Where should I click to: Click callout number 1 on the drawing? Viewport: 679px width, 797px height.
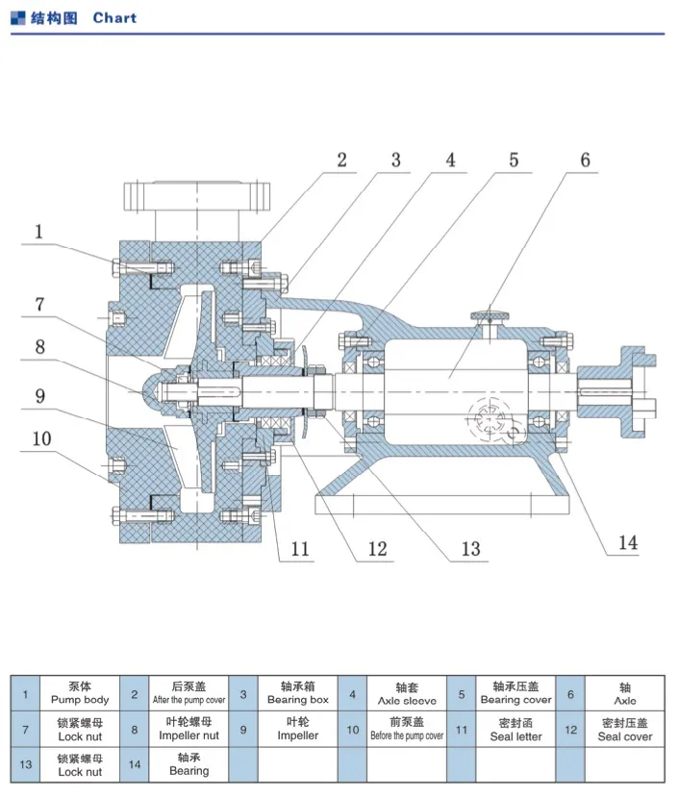(x=39, y=232)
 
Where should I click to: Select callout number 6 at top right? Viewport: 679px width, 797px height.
(x=585, y=161)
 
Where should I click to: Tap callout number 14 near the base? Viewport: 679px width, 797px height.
(x=627, y=543)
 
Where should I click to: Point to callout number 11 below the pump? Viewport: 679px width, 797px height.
(x=301, y=549)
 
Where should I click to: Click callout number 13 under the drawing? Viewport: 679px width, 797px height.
(x=470, y=549)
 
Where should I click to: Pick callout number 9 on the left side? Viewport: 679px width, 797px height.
(x=39, y=394)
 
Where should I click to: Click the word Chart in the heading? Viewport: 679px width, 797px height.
(x=114, y=17)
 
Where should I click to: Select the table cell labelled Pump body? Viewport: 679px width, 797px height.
(x=80, y=693)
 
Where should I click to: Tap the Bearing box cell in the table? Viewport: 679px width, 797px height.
(x=297, y=693)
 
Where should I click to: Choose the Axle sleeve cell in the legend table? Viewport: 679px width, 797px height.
(x=407, y=693)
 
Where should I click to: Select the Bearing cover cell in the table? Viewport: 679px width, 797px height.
(x=516, y=693)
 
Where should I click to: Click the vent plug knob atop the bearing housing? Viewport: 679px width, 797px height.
(x=490, y=316)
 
